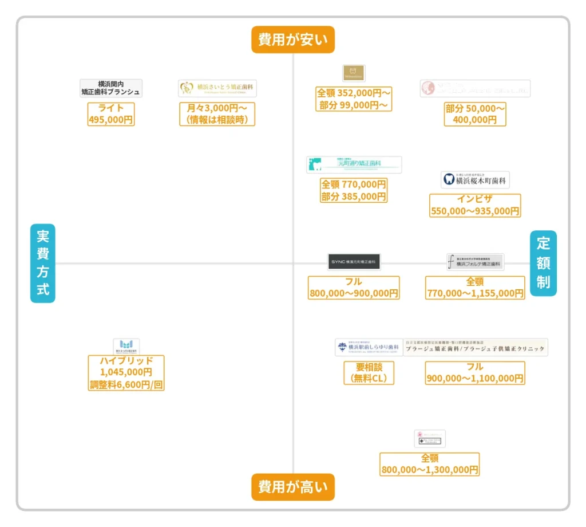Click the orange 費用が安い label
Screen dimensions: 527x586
tap(292, 40)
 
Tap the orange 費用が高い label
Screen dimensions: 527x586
tap(292, 487)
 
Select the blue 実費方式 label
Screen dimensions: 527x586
tap(43, 263)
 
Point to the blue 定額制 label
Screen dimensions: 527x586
tap(543, 263)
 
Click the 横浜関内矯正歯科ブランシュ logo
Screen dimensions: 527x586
tap(111, 88)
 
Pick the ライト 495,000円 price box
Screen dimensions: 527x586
tap(111, 114)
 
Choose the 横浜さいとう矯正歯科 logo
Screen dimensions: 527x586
tap(217, 88)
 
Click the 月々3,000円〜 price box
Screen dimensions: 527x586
tap(217, 114)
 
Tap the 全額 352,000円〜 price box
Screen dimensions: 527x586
tap(353, 99)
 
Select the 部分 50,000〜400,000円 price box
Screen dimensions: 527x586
tap(475, 114)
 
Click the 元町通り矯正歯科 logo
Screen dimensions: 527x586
tap(354, 164)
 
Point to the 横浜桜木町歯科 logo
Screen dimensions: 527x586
tap(475, 180)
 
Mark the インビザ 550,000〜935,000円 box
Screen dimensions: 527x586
tap(475, 206)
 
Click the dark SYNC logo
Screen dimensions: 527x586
tap(354, 261)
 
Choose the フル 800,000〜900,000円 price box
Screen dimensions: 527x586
tap(354, 288)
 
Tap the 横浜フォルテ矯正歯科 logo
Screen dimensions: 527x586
tap(475, 262)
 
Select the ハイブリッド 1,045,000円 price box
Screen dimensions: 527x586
tap(126, 373)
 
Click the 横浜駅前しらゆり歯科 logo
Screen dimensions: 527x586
tap(369, 347)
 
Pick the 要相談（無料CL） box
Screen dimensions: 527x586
tap(369, 373)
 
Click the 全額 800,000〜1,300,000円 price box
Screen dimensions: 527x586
tap(429, 464)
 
